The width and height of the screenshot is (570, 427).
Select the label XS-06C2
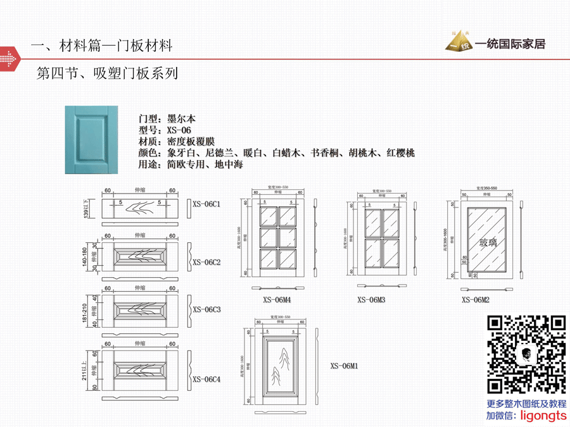(x=206, y=261)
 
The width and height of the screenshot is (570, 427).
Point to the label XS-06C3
(x=206, y=309)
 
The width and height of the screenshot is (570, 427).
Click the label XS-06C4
(x=206, y=379)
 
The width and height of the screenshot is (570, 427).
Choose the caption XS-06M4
(x=277, y=300)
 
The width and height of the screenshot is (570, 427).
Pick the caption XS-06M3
(x=371, y=300)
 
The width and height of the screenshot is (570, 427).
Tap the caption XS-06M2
(x=476, y=300)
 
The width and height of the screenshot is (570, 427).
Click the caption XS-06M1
(x=345, y=366)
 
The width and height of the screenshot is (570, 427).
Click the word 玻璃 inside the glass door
(x=488, y=243)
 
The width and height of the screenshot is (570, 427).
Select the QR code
(x=526, y=354)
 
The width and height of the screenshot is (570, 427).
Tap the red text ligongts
(x=543, y=416)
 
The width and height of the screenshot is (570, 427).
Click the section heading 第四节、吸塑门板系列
(x=107, y=74)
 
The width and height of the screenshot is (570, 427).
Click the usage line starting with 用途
(x=190, y=164)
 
